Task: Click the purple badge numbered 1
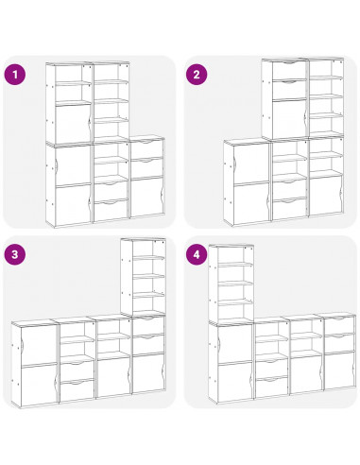14,75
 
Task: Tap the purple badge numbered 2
197,75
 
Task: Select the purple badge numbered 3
14,254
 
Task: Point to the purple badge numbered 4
197,254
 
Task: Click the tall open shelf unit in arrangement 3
144,277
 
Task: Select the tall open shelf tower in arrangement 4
231,284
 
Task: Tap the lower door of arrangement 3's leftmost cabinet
39,385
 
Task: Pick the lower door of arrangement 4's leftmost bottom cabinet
234,382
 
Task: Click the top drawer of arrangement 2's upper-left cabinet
289,70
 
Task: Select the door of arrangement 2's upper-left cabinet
289,119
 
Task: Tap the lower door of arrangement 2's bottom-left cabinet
251,203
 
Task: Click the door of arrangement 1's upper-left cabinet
73,124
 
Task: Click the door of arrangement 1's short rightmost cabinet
147,198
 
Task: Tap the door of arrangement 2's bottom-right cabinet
326,195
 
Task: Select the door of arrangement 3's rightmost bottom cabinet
148,373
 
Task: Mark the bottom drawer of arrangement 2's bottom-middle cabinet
289,209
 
